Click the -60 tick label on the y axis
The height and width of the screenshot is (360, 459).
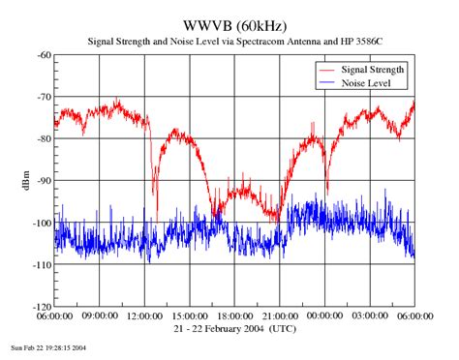[43, 56]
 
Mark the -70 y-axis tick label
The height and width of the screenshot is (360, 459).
[43, 98]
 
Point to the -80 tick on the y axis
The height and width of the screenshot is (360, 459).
[43, 139]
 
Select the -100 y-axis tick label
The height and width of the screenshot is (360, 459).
[41, 223]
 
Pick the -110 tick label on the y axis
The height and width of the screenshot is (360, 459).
[41, 264]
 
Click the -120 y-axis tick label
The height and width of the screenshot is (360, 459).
[41, 306]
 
